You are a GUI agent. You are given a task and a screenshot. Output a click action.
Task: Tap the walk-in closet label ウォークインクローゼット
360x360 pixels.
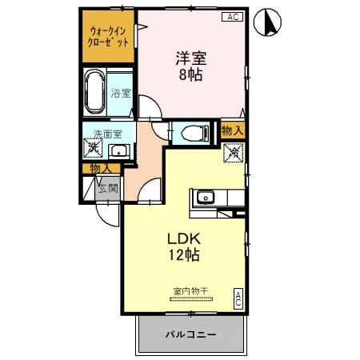(109, 36)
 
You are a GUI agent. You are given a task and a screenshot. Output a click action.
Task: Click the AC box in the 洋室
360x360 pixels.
(231, 16)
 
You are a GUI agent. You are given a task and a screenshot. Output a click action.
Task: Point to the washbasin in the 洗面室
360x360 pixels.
(119, 150)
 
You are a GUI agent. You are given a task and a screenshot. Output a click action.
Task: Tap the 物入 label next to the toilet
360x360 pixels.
(232, 130)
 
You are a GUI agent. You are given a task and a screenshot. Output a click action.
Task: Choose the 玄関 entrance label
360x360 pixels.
(108, 189)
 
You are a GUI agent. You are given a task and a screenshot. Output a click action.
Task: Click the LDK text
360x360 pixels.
(183, 238)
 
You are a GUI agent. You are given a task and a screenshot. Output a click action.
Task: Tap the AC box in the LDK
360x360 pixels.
(238, 299)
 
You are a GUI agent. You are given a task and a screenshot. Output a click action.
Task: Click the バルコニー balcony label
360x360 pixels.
(190, 334)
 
